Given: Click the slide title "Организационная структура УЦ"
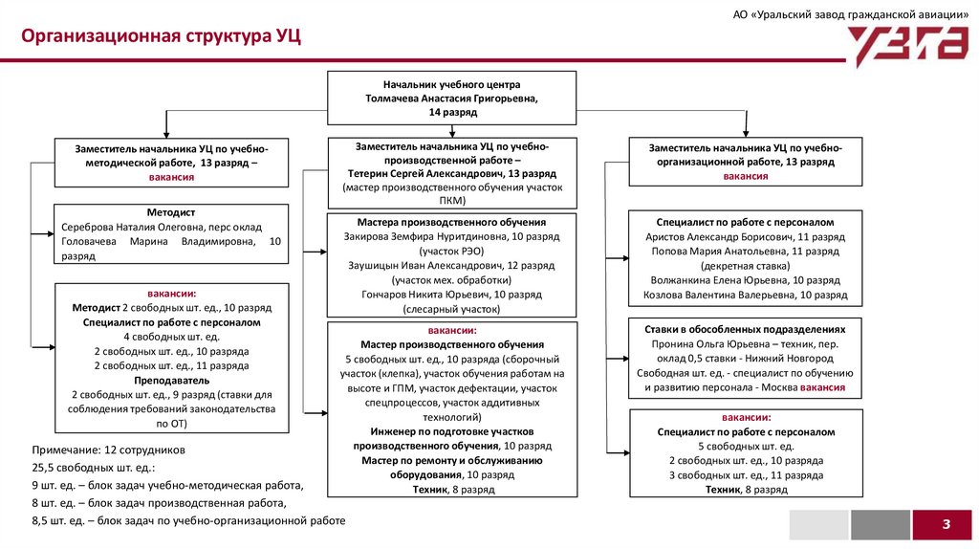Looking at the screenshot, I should pos(162,37).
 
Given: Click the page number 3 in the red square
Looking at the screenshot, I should pos(946,524).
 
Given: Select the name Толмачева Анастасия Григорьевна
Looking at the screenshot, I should pos(452,99).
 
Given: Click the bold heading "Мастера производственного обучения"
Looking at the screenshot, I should pos(451,221).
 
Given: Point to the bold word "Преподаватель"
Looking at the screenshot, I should pos(172,380).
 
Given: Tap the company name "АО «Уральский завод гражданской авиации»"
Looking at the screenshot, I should pos(851,15).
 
